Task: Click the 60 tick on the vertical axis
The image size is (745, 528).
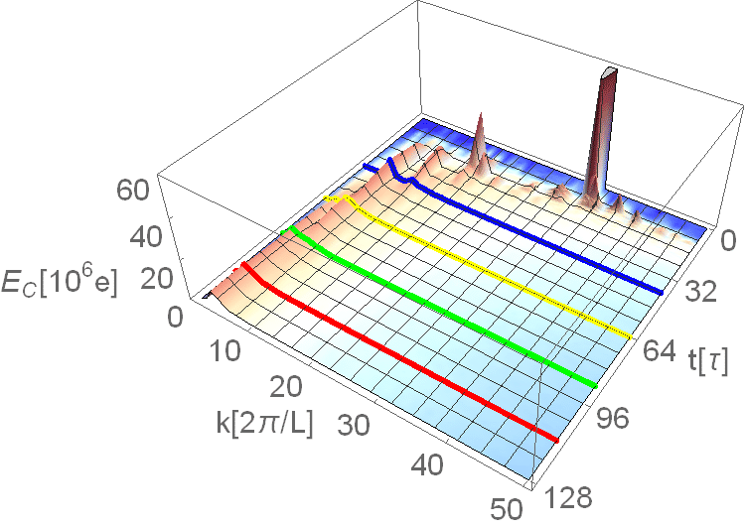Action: (133, 191)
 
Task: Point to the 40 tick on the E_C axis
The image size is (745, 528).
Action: (146, 236)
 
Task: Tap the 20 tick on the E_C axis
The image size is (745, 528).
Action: (157, 279)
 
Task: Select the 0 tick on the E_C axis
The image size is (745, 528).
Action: (175, 317)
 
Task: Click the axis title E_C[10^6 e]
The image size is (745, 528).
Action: (59, 284)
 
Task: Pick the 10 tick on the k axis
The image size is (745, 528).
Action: (224, 351)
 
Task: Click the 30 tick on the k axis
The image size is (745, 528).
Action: (354, 425)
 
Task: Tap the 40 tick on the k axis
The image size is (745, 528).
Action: (427, 464)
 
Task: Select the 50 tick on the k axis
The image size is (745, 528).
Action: (508, 508)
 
